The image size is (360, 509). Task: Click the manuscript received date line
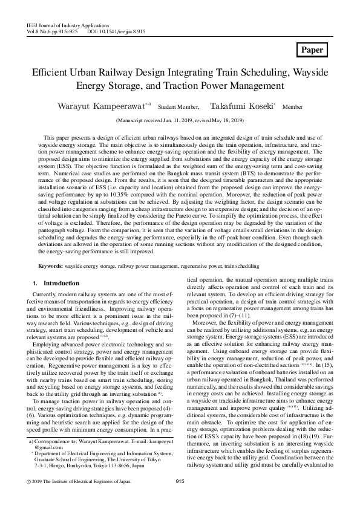point(180,120)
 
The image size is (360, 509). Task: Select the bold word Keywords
point(50,266)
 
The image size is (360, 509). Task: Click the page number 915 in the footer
point(180,498)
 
